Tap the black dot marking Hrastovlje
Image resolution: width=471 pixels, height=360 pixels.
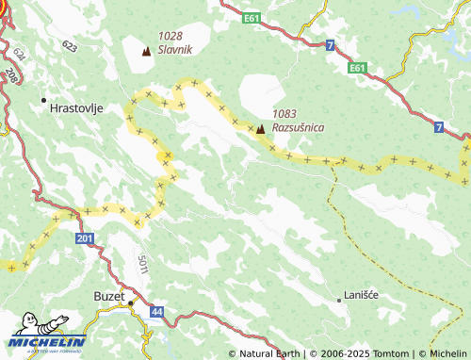coord(43,99)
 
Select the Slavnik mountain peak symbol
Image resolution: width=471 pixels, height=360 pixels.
coord(146,51)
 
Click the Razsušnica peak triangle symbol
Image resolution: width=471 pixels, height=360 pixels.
coord(260,128)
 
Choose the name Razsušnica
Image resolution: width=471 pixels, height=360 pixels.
coord(300,124)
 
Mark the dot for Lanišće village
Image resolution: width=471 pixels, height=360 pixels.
coord(339,299)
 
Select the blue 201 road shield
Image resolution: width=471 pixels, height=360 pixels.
coord(86,241)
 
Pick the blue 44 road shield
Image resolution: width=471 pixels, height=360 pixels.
coord(156,311)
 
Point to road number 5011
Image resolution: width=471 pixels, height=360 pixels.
coord(142,266)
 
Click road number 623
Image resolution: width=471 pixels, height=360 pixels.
coord(70,45)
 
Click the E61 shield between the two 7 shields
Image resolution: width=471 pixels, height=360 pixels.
coord(356,68)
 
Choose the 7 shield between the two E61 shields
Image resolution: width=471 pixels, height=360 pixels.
coord(330,45)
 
